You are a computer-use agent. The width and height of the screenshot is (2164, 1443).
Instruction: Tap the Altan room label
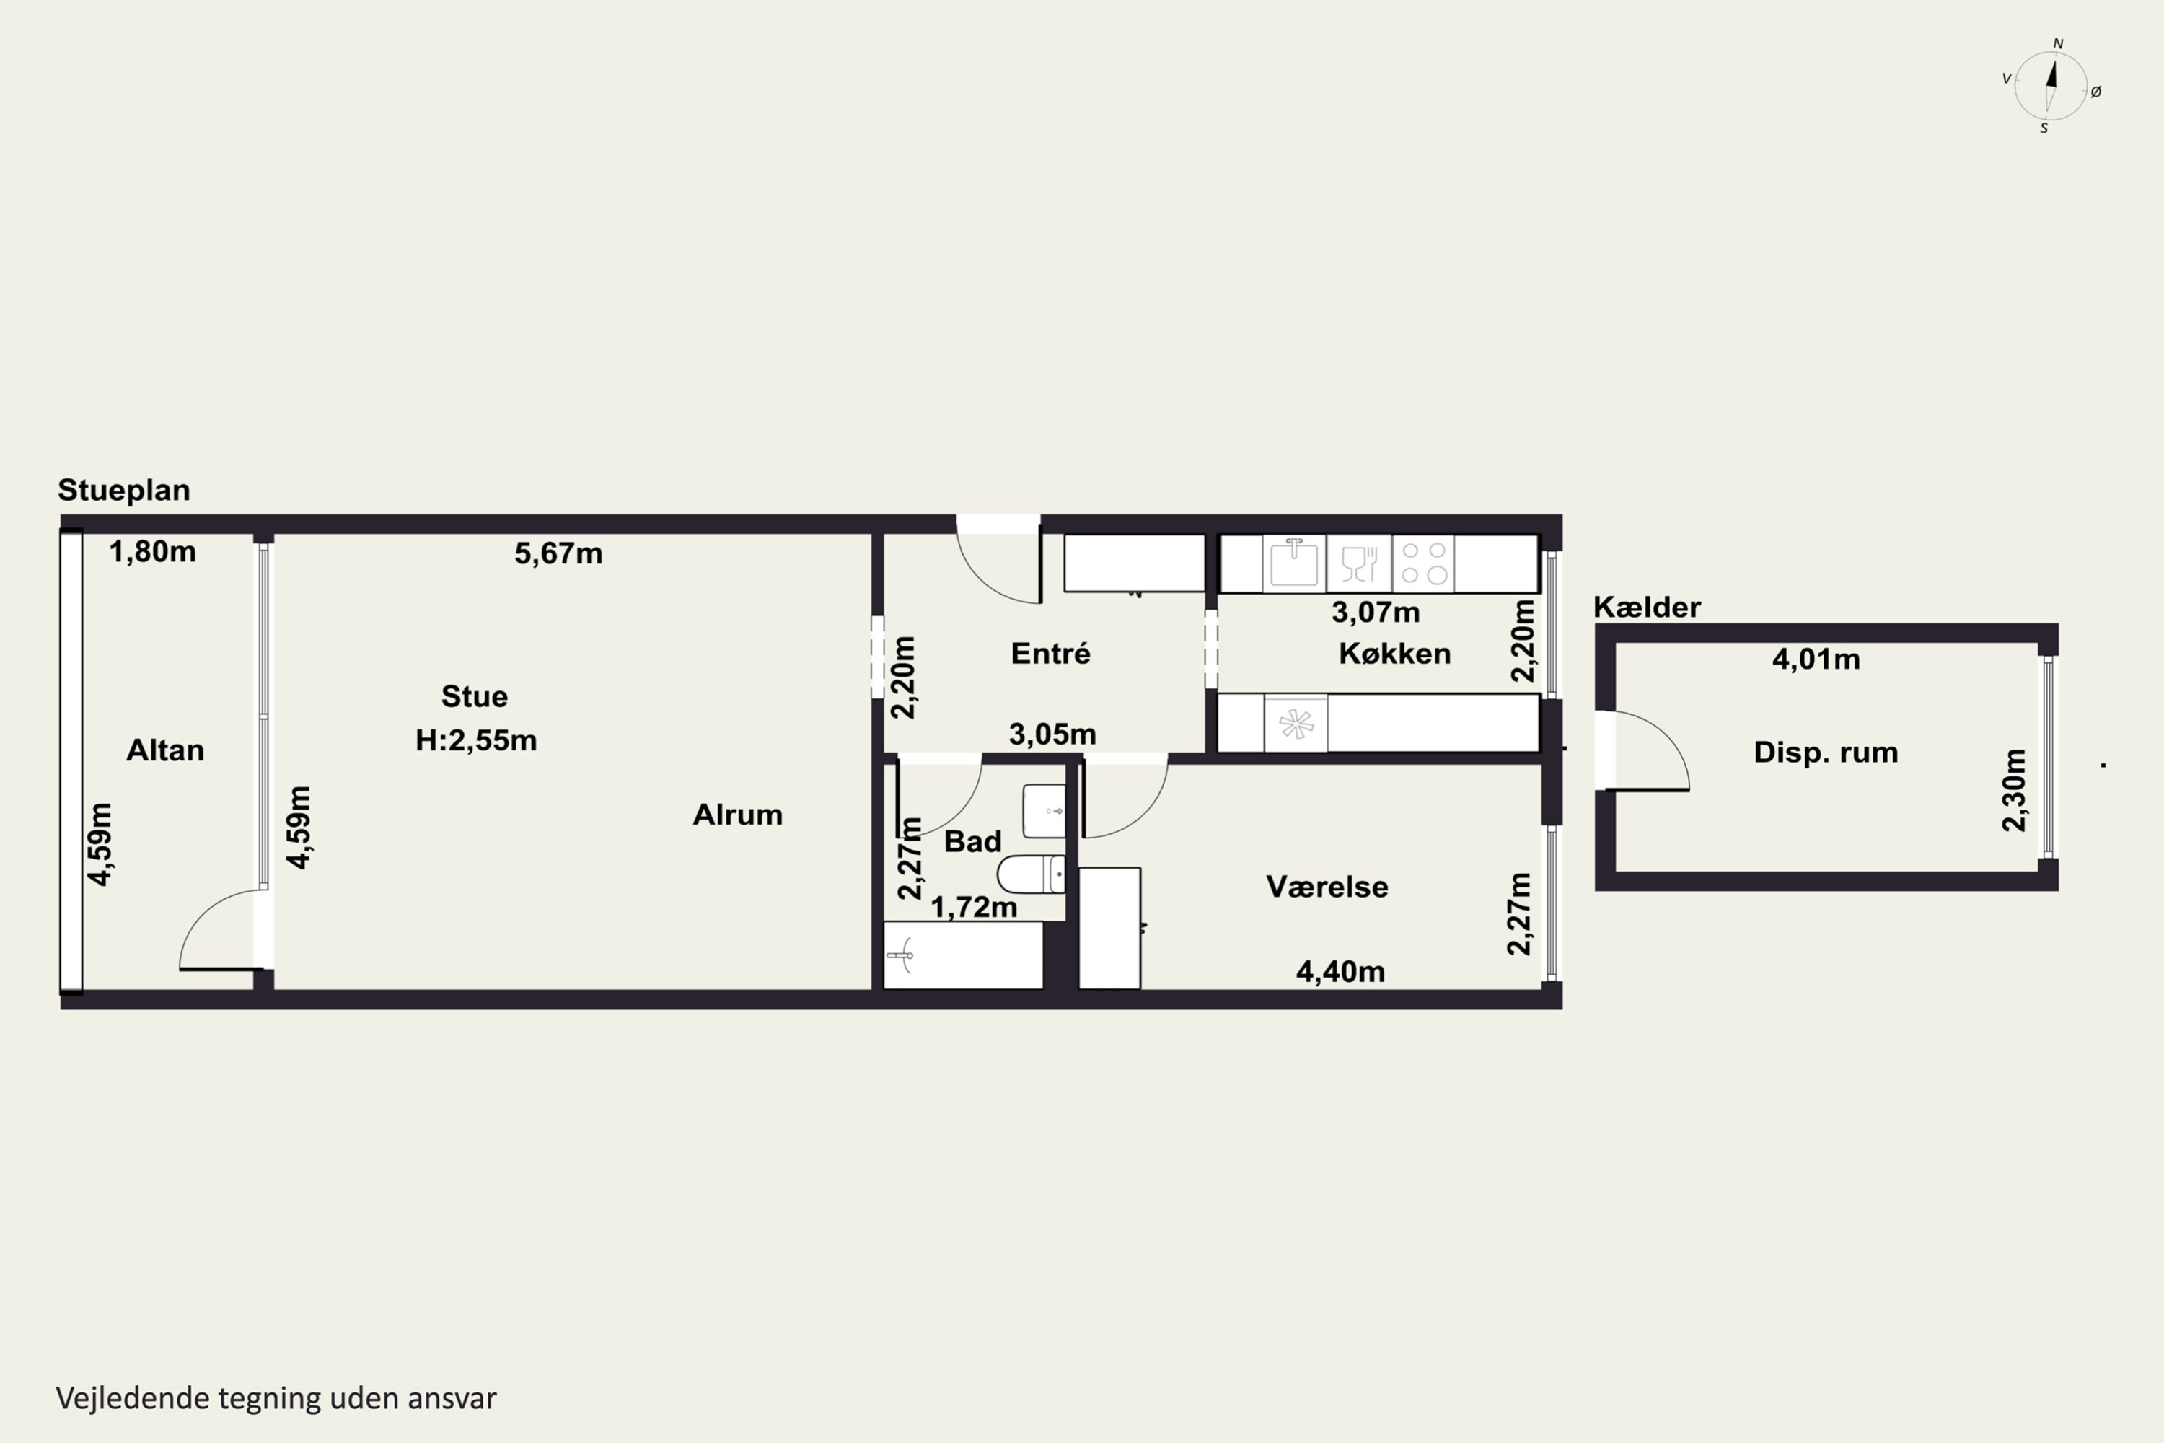166,751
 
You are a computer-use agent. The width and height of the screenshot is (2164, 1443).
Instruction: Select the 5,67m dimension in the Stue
558,553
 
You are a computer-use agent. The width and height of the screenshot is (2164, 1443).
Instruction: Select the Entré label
1051,654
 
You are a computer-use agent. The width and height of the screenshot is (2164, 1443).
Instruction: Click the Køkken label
1395,654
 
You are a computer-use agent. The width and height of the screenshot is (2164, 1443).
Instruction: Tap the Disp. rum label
1826,753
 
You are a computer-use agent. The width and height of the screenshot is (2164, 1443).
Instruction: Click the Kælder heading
1647,607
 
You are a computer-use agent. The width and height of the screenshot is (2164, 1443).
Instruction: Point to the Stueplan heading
124,491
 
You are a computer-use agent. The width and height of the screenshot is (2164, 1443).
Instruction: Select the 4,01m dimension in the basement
1816,659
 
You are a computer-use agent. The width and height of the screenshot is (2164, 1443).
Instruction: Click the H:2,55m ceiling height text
475,740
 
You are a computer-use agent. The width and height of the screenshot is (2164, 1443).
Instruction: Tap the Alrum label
738,815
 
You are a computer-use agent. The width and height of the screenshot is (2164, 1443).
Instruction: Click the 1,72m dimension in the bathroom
975,908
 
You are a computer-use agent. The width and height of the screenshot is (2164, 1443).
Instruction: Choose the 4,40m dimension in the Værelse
1340,971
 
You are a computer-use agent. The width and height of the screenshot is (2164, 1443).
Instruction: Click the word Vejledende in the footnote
133,1398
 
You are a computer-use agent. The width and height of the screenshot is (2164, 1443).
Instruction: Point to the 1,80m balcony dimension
153,551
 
